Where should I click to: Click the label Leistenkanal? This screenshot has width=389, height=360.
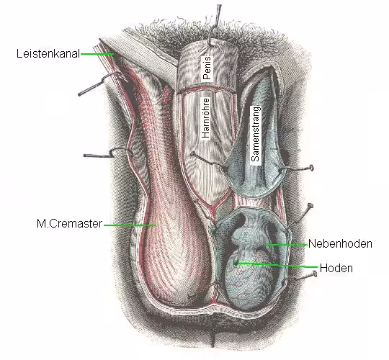tap(48, 53)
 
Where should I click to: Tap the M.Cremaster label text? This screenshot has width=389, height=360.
tap(69, 224)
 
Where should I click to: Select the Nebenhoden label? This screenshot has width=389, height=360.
tap(340, 243)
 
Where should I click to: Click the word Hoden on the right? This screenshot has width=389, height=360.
tap(336, 269)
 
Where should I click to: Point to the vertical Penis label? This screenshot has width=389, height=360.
tap(207, 68)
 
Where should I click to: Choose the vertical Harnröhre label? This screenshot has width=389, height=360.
tap(205, 118)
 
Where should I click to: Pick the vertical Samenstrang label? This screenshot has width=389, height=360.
tap(255, 134)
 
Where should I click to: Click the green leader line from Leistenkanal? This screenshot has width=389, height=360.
tap(97, 54)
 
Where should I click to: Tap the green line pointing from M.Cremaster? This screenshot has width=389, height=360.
tap(130, 225)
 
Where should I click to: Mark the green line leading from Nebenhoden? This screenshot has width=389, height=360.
tap(287, 245)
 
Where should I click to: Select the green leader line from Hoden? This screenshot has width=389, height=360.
tap(277, 265)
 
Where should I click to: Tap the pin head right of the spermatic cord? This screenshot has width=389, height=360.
tap(311, 168)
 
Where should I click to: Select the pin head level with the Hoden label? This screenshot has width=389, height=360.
tap(315, 274)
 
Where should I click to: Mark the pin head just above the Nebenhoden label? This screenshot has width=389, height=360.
tap(310, 206)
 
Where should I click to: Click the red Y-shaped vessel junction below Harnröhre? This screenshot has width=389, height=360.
tap(212, 206)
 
